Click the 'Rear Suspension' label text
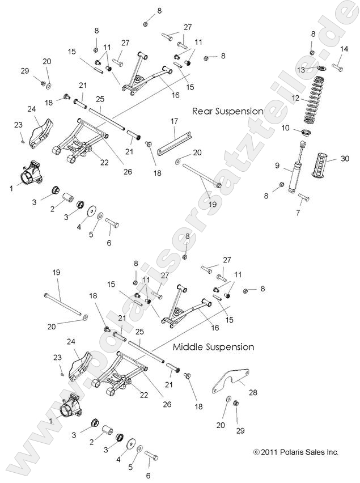(227, 111)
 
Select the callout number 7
(299, 212)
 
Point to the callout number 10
(285, 128)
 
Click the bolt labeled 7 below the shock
(302, 197)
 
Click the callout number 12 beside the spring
(294, 98)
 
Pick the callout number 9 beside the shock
(277, 166)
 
